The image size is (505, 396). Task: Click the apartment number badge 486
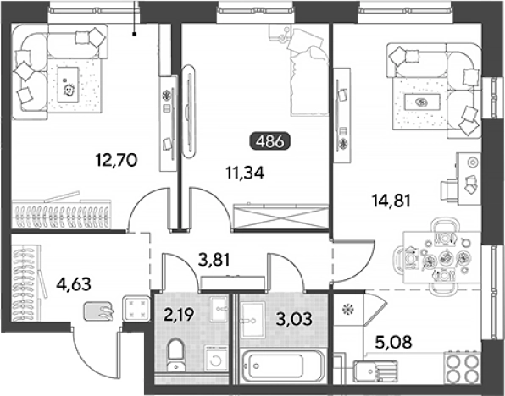point(270,141)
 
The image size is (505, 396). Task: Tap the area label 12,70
point(117,160)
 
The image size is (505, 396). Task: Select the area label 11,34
point(245,173)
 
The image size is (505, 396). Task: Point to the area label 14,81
point(391,201)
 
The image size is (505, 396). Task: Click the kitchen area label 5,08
point(393,343)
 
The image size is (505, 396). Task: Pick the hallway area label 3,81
point(214,260)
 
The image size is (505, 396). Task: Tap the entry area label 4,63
point(74,284)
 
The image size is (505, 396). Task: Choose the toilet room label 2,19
point(179,315)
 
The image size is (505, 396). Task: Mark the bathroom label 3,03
point(294,319)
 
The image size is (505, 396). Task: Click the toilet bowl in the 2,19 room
point(175,355)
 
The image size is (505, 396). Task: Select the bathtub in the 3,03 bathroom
point(282,366)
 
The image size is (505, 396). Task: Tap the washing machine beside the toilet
point(216,360)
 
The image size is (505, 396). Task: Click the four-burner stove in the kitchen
point(463,368)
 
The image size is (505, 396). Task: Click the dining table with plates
point(441,257)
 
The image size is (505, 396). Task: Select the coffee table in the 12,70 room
point(68,85)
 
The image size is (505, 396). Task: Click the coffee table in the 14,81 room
point(422,102)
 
